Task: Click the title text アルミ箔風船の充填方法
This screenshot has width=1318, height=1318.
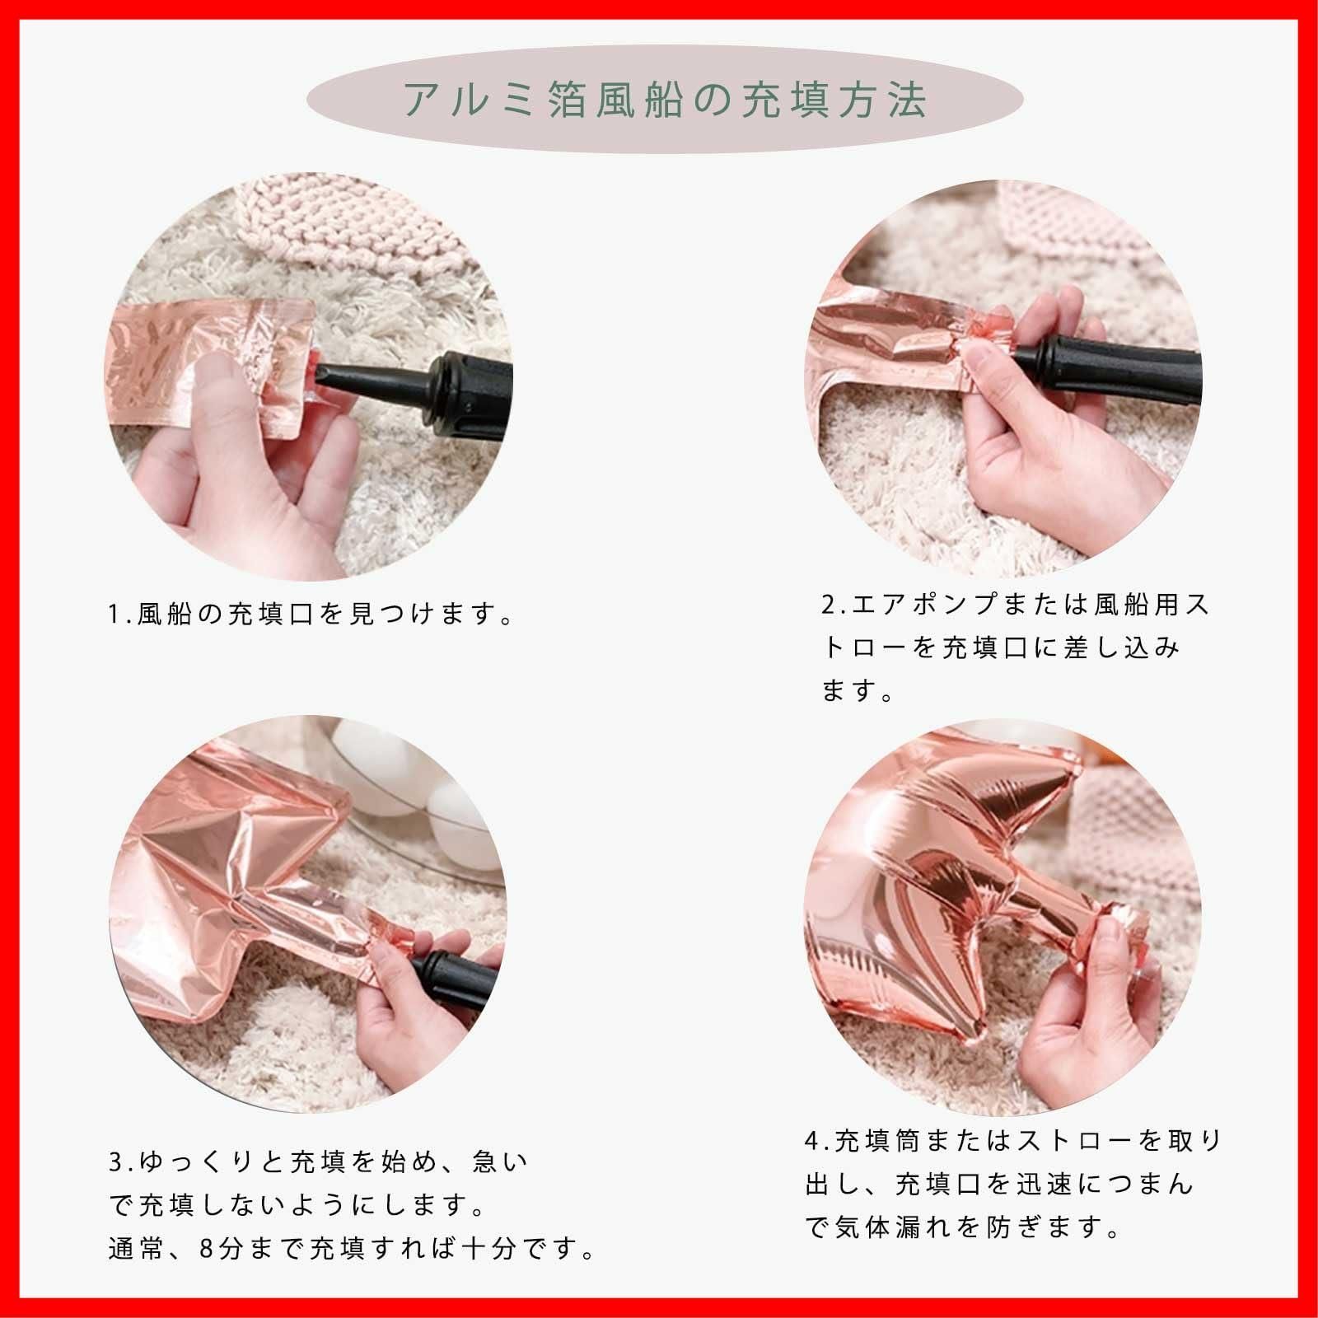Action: [x=666, y=100]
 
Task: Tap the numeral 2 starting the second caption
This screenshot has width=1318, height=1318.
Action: [x=828, y=605]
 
